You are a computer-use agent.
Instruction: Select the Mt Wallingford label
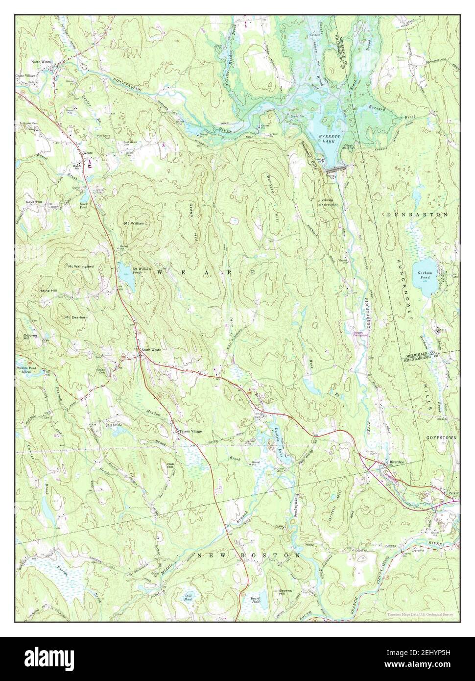click(x=81, y=266)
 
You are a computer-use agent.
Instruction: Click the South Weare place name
click(x=151, y=350)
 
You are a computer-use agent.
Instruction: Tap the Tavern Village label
click(x=190, y=431)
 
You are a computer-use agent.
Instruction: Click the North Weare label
click(x=42, y=62)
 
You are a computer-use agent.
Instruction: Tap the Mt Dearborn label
click(x=76, y=317)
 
